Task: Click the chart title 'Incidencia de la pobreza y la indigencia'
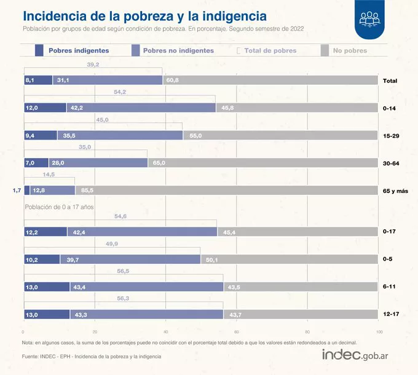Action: pyautogui.click(x=144, y=15)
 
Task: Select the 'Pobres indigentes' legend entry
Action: pyautogui.click(x=79, y=50)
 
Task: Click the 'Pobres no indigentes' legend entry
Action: pyautogui.click(x=178, y=50)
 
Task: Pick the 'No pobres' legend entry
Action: pyautogui.click(x=350, y=50)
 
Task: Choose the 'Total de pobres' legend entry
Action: pyautogui.click(x=270, y=50)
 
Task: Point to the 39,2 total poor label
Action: pyautogui.click(x=93, y=64)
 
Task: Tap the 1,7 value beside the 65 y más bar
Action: pyautogui.click(x=17, y=191)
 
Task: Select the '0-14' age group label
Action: pyautogui.click(x=388, y=108)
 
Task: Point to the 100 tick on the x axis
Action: pyautogui.click(x=379, y=332)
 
